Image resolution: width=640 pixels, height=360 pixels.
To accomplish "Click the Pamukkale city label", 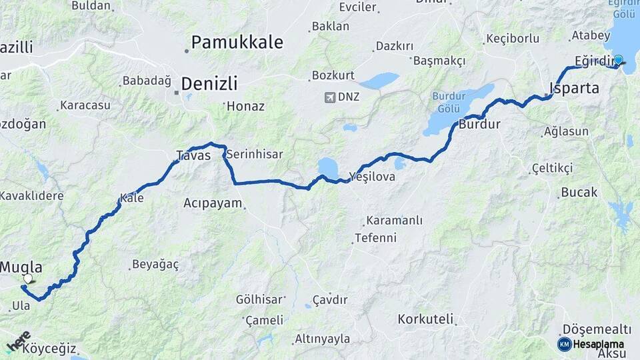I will click(237, 43).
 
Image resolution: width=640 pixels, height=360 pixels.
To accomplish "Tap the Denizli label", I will click(209, 84).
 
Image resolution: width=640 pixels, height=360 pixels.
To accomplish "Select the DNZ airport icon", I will click(329, 97).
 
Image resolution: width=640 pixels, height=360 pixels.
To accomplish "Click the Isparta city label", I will click(574, 88).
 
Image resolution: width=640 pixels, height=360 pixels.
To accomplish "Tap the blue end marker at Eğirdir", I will click(618, 60).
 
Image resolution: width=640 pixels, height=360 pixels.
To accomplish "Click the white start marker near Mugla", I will click(27, 279).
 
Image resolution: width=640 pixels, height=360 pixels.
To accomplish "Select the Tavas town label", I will click(193, 155).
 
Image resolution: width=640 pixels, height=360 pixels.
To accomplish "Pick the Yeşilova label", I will click(374, 177).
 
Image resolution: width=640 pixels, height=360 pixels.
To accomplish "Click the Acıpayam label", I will click(213, 203).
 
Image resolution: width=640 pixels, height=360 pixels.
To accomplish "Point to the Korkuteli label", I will click(425, 319).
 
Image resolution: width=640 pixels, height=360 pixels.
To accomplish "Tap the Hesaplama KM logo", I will click(564, 344).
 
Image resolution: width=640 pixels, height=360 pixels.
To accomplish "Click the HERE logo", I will click(18, 340).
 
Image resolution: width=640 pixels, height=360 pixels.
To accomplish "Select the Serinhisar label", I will click(255, 154).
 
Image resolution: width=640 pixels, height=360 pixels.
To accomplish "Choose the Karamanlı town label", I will click(394, 221).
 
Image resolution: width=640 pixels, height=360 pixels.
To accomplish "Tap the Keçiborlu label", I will click(513, 38).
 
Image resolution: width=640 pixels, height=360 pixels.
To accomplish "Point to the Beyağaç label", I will click(155, 264).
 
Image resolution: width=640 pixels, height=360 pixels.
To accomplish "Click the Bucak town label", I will click(579, 192).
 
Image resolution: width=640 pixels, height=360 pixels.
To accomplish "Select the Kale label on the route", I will click(131, 197).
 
